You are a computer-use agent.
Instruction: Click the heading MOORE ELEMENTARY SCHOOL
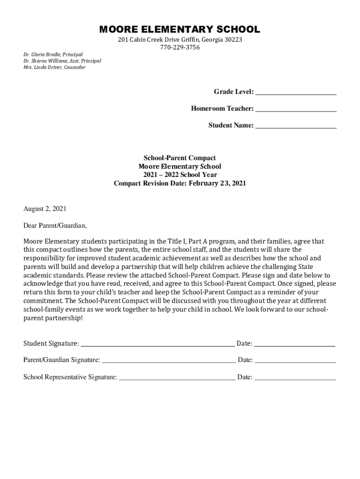coord(180,30)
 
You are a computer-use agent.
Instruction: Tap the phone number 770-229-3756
coord(180,47)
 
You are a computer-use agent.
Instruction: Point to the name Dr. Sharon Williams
coord(46,61)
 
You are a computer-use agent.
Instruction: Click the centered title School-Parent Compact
coord(180,158)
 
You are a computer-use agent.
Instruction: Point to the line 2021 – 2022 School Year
coord(180,175)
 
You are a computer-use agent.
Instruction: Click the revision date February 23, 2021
coord(217,183)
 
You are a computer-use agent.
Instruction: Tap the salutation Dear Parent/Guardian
coord(55,225)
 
